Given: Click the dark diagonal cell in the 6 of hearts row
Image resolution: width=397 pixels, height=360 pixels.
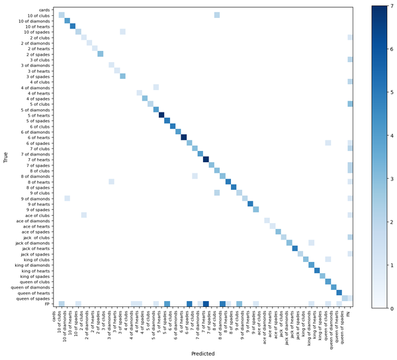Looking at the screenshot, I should tap(184, 137).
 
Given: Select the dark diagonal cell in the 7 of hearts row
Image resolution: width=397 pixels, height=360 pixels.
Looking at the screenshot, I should tap(206, 159).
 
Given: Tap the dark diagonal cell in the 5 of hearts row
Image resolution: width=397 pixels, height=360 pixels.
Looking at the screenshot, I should tap(161, 114).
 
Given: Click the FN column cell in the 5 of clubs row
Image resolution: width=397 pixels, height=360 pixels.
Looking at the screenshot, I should tap(350, 104).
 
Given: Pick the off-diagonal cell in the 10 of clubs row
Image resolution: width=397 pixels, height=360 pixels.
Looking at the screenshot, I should tap(217, 15).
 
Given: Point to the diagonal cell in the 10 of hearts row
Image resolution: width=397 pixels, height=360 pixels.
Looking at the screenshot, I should tap(73, 26).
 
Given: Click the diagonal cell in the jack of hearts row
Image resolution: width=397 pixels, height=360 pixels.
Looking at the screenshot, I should tap(295, 248).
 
